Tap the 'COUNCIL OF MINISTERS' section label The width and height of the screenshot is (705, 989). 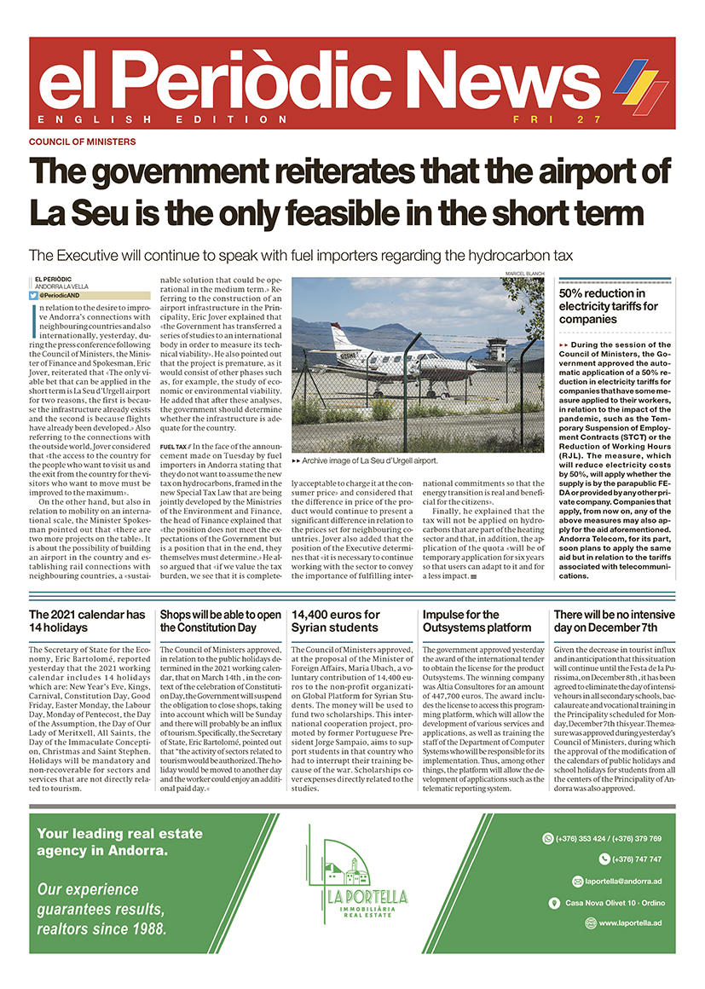tap(82, 142)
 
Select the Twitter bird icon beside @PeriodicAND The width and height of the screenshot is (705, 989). tap(33, 294)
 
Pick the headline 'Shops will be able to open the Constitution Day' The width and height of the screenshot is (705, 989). tap(220, 621)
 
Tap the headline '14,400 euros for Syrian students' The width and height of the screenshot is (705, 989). tap(336, 621)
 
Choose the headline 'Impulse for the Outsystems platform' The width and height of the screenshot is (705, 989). tap(477, 621)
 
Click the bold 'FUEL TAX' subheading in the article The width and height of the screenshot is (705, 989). tap(174, 446)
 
